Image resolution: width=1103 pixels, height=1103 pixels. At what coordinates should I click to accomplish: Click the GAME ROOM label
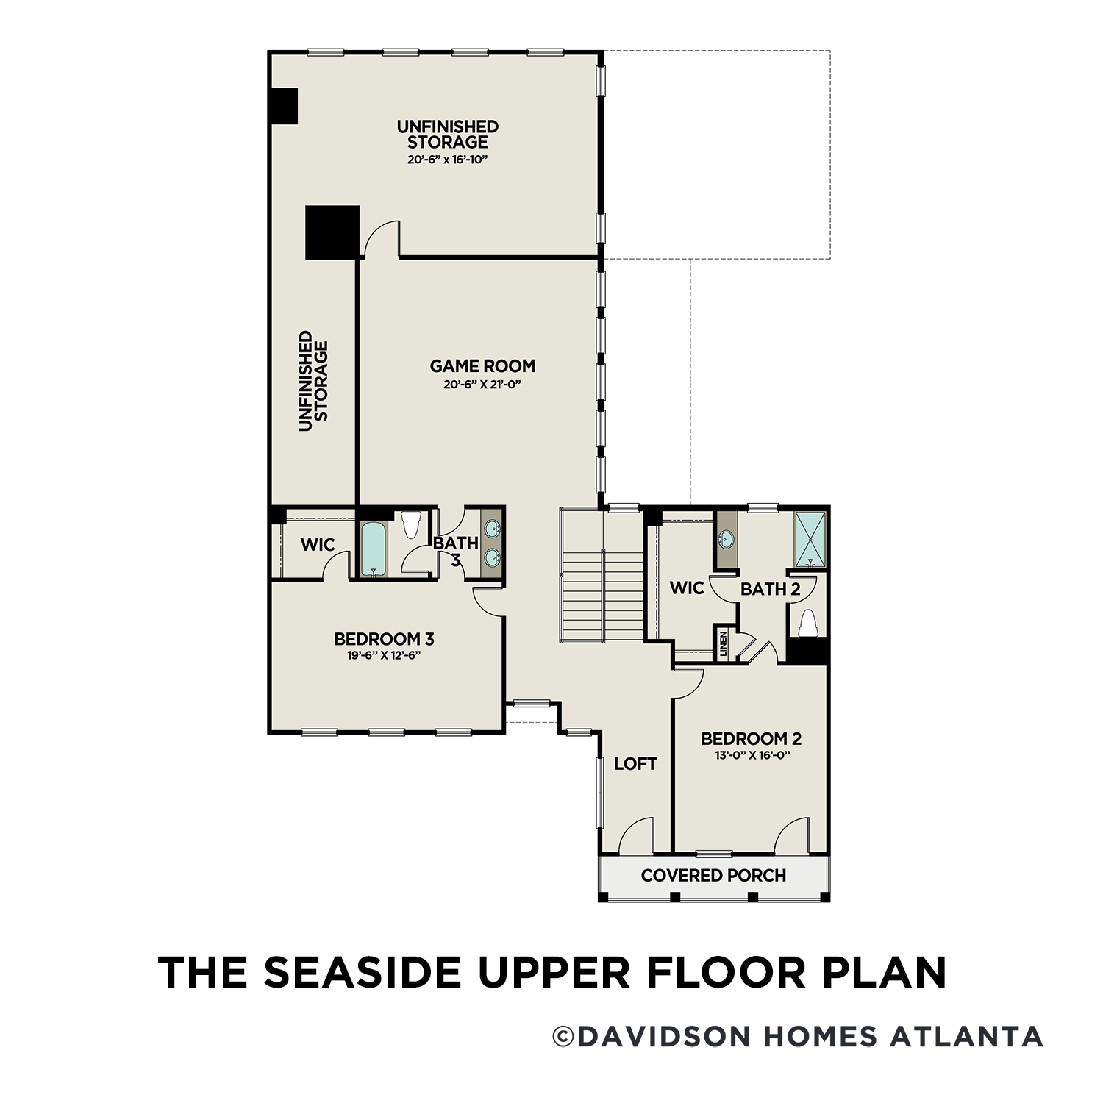[482, 365]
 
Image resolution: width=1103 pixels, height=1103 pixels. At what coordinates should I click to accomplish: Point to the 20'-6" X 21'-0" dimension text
[482, 384]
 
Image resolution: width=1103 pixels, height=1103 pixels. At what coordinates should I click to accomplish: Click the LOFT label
[635, 763]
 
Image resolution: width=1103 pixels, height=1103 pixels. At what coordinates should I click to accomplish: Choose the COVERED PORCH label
[713, 875]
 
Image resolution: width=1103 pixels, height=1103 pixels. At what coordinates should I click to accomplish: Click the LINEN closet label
[724, 643]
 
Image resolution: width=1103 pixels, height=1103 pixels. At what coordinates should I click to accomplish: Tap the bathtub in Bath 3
[374, 549]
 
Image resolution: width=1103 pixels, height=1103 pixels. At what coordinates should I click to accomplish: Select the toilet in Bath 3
[411, 525]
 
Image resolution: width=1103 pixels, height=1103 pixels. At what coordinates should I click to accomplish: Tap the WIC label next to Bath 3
[318, 545]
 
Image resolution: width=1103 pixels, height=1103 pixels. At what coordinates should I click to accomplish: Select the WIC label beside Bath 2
[687, 588]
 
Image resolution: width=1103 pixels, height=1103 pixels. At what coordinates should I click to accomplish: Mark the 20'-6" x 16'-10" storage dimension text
[448, 159]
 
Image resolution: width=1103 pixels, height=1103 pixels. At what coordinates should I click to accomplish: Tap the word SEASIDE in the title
[364, 972]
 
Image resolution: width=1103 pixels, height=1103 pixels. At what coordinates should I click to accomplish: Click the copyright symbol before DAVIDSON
[563, 1037]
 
